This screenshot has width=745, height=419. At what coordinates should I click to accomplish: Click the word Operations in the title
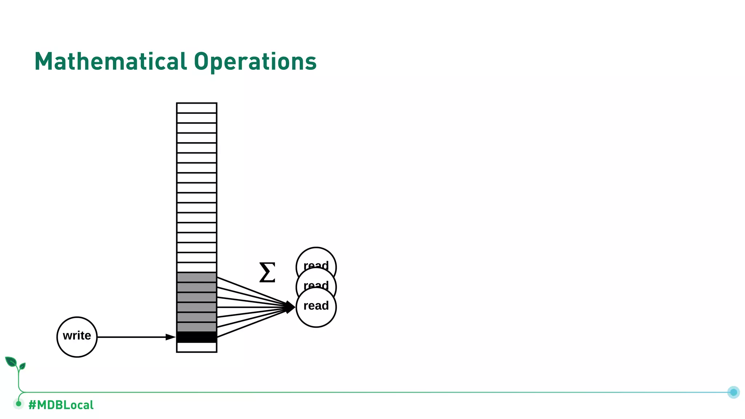pyautogui.click(x=255, y=62)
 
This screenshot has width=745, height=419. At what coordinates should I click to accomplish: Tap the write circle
pyautogui.click(x=77, y=337)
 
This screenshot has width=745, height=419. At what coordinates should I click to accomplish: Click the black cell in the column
pyautogui.click(x=196, y=337)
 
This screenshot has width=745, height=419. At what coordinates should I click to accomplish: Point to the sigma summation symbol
pyautogui.click(x=267, y=272)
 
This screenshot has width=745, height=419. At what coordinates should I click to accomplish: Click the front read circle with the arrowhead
pyautogui.click(x=316, y=307)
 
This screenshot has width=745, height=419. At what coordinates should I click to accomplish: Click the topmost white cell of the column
pyautogui.click(x=196, y=108)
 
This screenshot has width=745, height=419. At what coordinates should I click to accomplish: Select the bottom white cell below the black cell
pyautogui.click(x=196, y=347)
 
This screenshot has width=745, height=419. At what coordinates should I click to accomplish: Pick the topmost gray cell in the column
pyautogui.click(x=196, y=278)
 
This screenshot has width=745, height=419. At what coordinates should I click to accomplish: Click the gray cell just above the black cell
pyautogui.click(x=196, y=327)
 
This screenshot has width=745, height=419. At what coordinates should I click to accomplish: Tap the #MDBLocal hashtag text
pyautogui.click(x=61, y=405)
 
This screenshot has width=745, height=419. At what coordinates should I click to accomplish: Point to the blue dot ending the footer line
pyautogui.click(x=733, y=392)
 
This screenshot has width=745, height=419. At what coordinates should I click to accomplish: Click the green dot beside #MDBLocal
pyautogui.click(x=19, y=403)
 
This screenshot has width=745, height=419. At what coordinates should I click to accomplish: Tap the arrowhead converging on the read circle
pyautogui.click(x=290, y=307)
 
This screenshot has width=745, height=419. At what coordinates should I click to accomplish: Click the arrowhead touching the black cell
pyautogui.click(x=171, y=337)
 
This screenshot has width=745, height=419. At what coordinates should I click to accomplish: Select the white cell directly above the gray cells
pyautogui.click(x=196, y=267)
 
